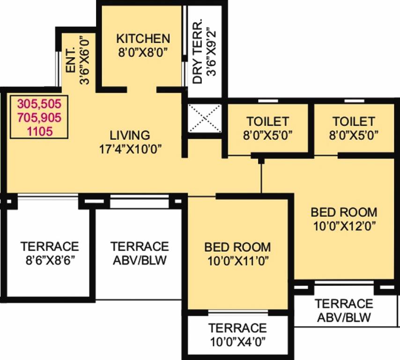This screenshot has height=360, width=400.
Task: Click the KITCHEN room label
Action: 143,38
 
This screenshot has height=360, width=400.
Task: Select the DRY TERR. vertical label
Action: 198,52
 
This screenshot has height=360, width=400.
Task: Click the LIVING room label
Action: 130,135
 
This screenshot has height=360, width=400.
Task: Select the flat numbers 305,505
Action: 40,103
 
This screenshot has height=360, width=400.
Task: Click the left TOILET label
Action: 268,122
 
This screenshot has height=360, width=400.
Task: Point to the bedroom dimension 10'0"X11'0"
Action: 237,260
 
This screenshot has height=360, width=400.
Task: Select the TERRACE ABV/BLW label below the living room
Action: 139,253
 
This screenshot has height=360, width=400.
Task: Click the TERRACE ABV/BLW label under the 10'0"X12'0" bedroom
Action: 344,310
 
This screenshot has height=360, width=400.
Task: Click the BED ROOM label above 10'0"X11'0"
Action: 237,247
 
